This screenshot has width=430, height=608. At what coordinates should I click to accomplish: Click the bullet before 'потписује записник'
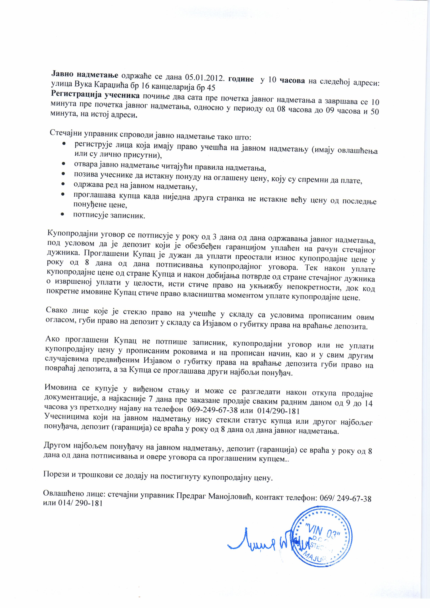pyautogui.click(x=63, y=214)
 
